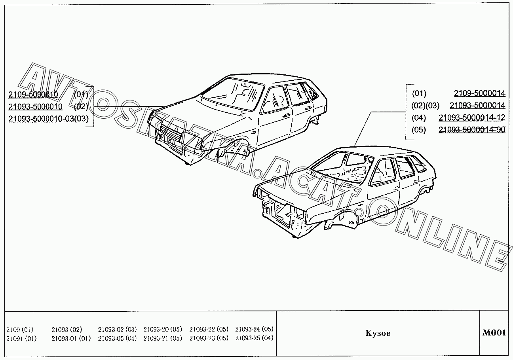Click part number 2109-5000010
[33, 95]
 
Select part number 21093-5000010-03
[41, 119]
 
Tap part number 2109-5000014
[479, 93]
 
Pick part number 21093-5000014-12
[471, 117]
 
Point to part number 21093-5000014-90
[471, 130]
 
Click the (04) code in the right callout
[419, 117]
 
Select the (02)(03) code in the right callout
[426, 106]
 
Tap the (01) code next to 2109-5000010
[81, 95]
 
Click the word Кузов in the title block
[378, 333]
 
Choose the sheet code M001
[494, 333]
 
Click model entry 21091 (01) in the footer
[21, 338]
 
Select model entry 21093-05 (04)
[117, 338]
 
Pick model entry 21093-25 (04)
[254, 338]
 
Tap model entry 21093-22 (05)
[209, 329]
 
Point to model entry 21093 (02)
[66, 329]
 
